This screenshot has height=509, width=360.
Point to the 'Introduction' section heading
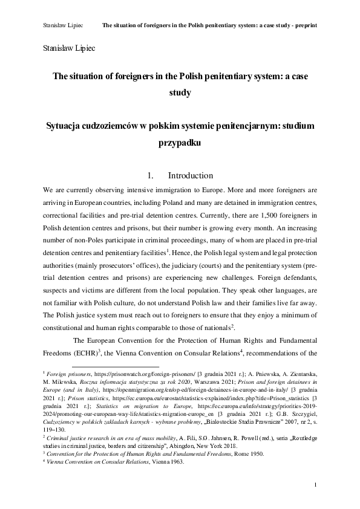[190, 176]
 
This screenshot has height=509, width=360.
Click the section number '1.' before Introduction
[151, 176]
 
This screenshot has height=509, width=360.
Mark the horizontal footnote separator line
[115, 366]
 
